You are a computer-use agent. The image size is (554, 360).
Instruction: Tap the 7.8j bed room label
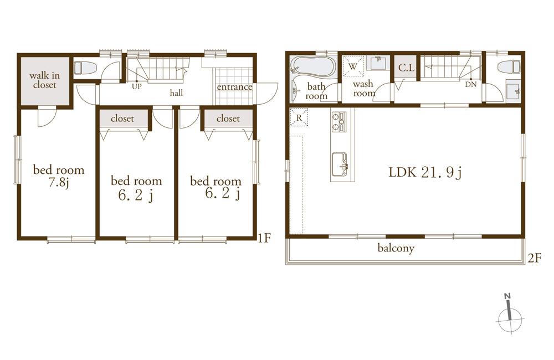(59, 176)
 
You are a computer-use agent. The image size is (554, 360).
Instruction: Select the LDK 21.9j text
(425, 173)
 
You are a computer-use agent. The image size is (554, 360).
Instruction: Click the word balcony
(396, 248)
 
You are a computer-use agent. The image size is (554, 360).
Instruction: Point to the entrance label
(234, 88)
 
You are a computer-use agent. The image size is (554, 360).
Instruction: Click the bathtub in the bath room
(312, 68)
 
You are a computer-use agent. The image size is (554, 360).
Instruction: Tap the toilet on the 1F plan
(86, 68)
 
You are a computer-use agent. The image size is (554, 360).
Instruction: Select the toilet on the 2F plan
(509, 67)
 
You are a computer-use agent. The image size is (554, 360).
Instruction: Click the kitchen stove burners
(338, 122)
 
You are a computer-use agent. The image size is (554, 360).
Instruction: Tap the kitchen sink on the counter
(340, 163)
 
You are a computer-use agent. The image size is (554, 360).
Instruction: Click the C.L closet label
(407, 68)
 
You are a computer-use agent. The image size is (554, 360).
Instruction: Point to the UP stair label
(136, 86)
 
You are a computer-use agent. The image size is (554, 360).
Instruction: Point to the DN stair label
(470, 85)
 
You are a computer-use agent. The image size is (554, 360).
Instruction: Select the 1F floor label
(264, 238)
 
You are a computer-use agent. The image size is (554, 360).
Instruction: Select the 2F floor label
(534, 258)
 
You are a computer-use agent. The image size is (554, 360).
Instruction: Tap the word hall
(176, 93)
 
